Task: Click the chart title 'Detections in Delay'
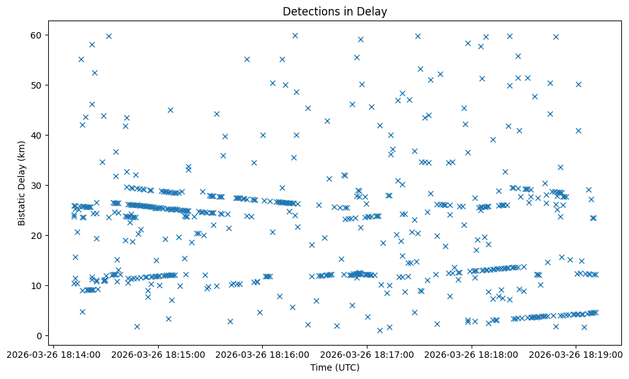[335, 12]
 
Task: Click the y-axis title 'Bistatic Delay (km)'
[21, 183]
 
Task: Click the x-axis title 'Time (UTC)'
[335, 367]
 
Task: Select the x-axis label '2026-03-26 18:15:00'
[158, 354]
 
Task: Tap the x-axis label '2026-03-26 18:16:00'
[263, 354]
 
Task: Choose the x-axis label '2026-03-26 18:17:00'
[368, 354]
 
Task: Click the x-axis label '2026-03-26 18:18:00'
[472, 354]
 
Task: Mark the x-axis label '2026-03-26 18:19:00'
[576, 354]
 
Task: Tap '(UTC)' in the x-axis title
[347, 367]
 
